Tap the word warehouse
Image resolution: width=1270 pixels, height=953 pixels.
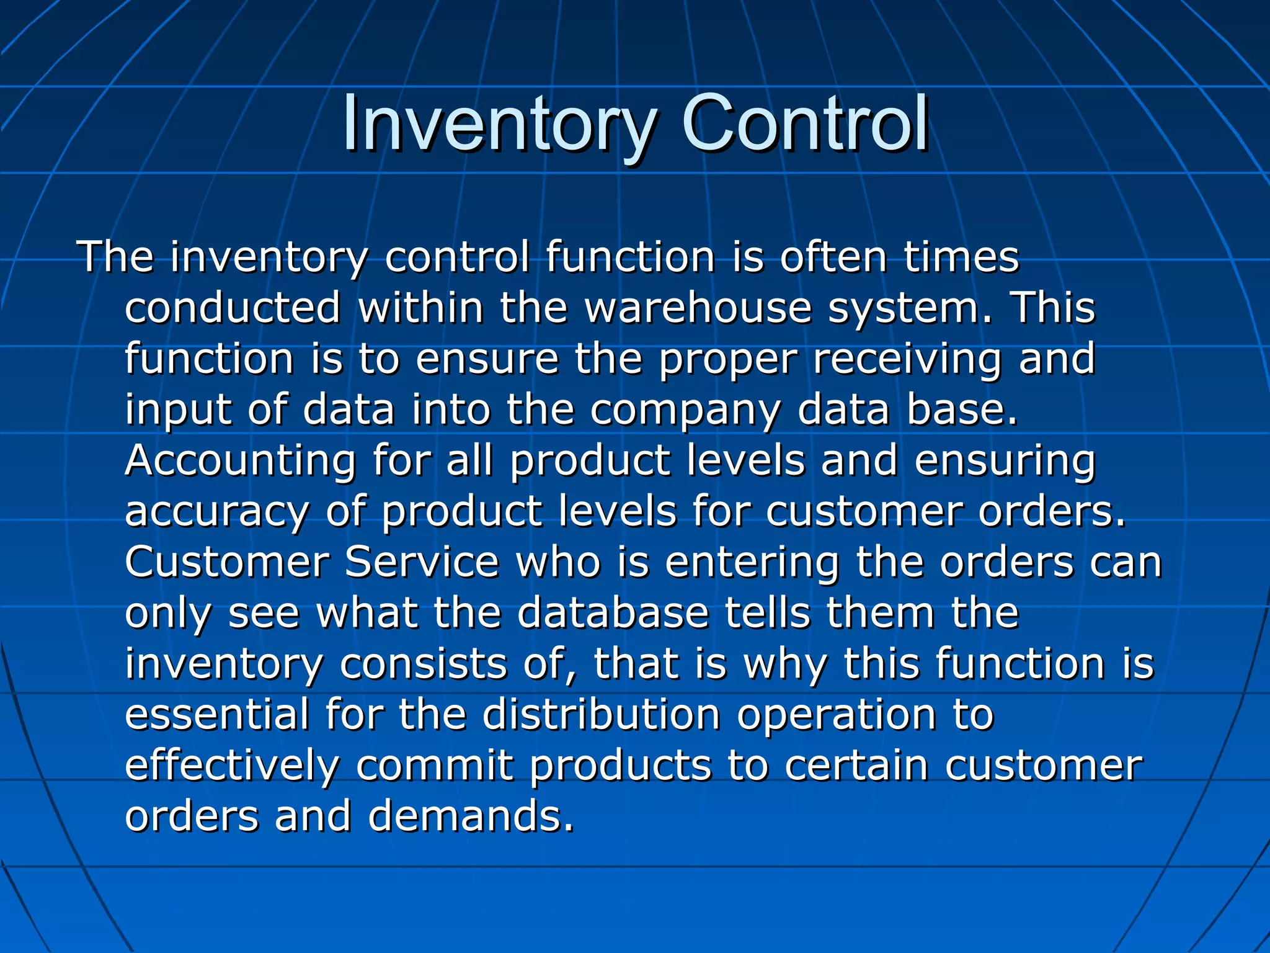coord(698,308)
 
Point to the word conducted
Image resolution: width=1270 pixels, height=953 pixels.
coord(233,308)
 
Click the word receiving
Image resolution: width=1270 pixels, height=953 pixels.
coord(907,360)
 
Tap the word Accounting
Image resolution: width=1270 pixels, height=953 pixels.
coord(240,462)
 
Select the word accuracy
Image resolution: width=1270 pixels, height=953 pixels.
coord(216,512)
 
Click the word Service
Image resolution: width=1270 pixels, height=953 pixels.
coord(422,563)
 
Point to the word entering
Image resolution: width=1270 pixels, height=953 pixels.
coord(752,563)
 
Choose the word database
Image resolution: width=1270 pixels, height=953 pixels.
coord(613,614)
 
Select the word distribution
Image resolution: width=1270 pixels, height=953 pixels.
coord(601,715)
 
